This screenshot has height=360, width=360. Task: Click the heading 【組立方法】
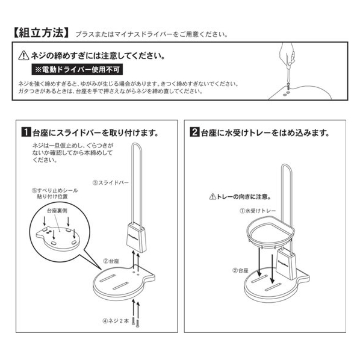pyautogui.click(x=41, y=33)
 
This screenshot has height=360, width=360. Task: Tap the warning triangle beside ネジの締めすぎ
pyautogui.click(x=23, y=56)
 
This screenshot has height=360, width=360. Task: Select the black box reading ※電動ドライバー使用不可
pyautogui.click(x=77, y=70)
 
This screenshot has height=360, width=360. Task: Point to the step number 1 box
pyautogui.click(x=26, y=132)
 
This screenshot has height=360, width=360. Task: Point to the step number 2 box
pyautogui.click(x=194, y=132)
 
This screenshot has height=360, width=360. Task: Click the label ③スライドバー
pyautogui.click(x=111, y=183)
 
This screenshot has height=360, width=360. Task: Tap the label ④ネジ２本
pyautogui.click(x=116, y=321)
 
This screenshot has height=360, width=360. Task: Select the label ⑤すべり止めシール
pyautogui.click(x=55, y=190)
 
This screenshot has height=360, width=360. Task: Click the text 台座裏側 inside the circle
pyautogui.click(x=57, y=211)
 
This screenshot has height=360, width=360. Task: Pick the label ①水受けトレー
pyautogui.click(x=258, y=211)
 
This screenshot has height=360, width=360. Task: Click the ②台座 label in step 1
pyautogui.click(x=111, y=261)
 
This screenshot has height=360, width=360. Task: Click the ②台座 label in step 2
pyautogui.click(x=240, y=270)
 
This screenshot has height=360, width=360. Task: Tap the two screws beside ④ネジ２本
pyautogui.click(x=135, y=321)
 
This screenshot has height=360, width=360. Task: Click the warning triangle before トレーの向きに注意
pyautogui.click(x=213, y=197)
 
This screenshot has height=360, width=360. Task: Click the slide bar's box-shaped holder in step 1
pyautogui.click(x=137, y=237)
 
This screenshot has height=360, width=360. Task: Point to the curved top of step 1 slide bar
pyautogui.click(x=137, y=144)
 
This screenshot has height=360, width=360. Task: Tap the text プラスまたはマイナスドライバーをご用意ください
pyautogui.click(x=152, y=34)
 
